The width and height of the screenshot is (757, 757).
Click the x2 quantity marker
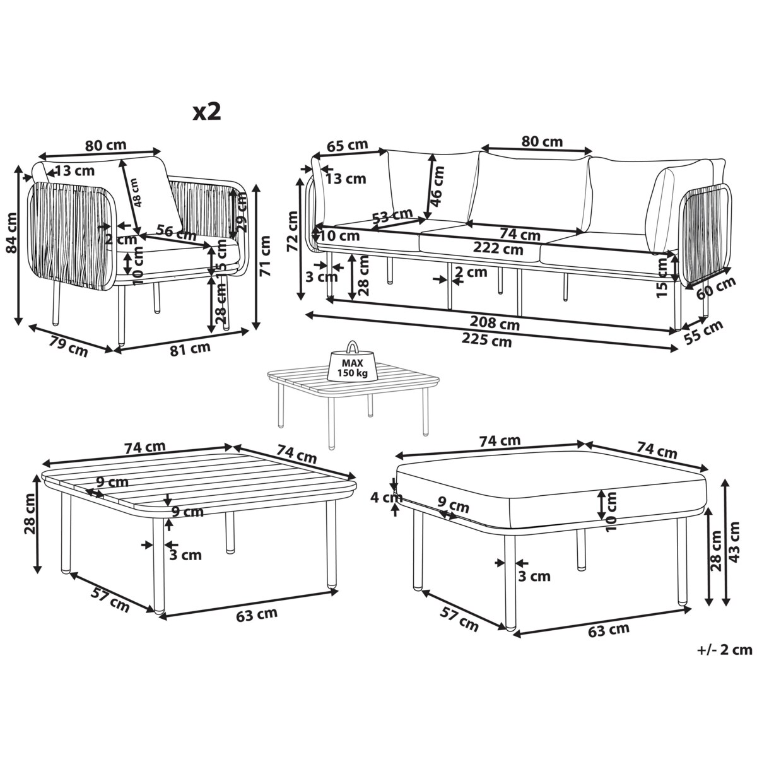207,112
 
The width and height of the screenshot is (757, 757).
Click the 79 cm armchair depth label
69,346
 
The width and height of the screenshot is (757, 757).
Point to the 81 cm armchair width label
190,349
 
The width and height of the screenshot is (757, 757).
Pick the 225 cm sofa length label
486,339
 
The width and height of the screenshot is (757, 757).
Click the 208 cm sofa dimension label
495,324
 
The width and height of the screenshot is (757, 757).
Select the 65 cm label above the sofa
347,146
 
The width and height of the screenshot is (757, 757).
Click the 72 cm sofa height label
292,231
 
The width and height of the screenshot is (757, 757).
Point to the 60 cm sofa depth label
715,289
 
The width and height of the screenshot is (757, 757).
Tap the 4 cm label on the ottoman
387,498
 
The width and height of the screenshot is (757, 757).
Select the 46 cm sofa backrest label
437,186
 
